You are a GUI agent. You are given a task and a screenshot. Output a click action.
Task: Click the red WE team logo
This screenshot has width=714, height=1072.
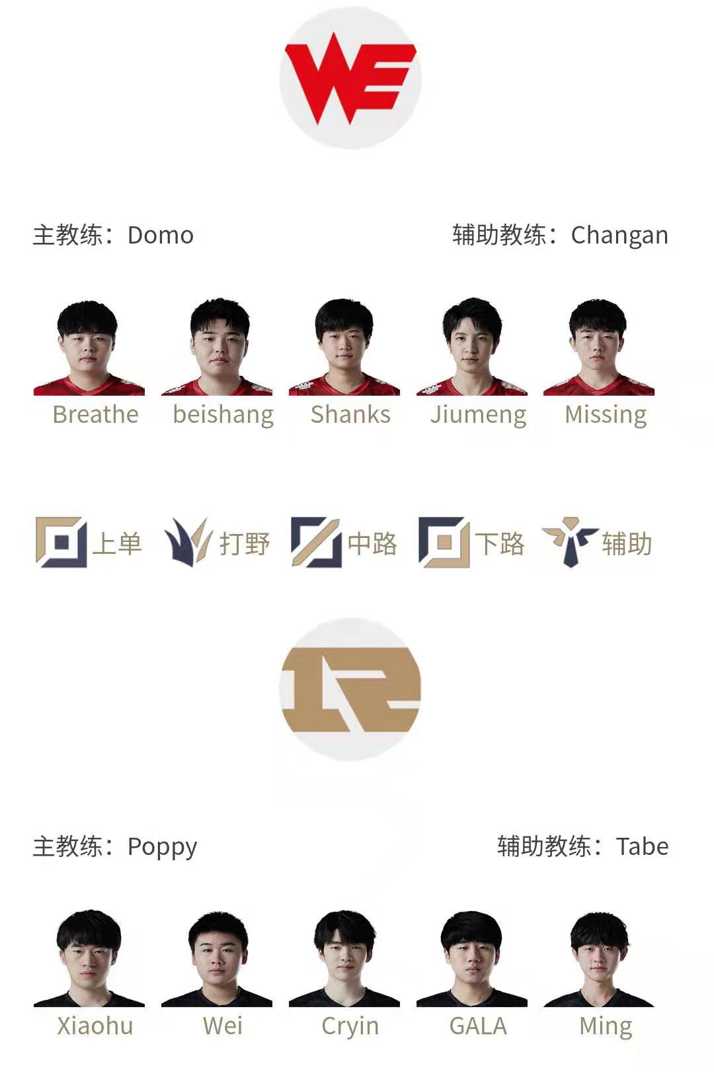(x=350, y=78)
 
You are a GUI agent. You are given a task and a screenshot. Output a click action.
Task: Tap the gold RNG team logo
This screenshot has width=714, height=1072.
(x=350, y=690)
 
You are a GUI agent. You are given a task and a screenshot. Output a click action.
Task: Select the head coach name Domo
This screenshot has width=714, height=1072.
(x=161, y=236)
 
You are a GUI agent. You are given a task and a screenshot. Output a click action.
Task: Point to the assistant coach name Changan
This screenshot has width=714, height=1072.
(x=619, y=236)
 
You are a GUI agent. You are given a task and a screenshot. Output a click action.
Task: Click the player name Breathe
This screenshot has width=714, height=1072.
(x=96, y=414)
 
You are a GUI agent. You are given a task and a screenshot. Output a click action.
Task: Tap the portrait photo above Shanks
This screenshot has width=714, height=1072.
(x=344, y=347)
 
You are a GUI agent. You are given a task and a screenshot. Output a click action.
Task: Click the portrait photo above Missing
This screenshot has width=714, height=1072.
(x=599, y=347)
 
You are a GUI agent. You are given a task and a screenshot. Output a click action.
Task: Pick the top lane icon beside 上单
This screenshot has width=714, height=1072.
(x=61, y=542)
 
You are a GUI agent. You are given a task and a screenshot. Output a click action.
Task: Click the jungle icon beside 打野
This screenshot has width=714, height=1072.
(x=188, y=542)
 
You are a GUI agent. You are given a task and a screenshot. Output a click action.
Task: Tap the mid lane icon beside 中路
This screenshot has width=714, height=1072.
(x=316, y=542)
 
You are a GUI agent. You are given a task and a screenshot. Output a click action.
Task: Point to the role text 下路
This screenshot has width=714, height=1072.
(x=500, y=544)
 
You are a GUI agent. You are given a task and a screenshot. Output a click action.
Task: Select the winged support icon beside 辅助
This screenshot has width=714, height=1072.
(x=570, y=542)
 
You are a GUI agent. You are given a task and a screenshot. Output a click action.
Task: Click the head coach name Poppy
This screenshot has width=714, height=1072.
(x=162, y=848)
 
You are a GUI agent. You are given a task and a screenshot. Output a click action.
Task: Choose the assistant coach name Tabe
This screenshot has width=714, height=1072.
(x=642, y=846)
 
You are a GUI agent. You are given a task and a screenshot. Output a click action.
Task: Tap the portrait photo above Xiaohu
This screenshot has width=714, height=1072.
(x=89, y=959)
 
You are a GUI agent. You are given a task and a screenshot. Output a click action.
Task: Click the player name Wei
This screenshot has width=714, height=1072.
(x=223, y=1026)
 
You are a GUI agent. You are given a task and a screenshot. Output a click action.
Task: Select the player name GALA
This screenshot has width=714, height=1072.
(x=478, y=1026)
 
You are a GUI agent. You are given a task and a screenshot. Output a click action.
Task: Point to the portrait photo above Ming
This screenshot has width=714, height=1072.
(x=599, y=959)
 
